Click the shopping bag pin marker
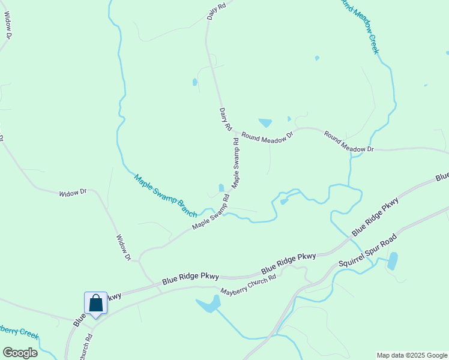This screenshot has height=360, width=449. point(95,303)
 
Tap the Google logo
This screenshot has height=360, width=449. point(20,353)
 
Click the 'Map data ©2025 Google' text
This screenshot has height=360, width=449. point(412,355)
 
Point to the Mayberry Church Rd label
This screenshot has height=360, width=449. point(247,284)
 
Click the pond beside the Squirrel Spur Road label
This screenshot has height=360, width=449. point(393,261)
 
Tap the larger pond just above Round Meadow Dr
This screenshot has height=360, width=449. point(265,122)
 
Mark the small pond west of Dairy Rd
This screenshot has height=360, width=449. point(194,82)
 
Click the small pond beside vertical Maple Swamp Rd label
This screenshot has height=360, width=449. point(221,188)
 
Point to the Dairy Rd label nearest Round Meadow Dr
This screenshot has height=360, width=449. point(225,119)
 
